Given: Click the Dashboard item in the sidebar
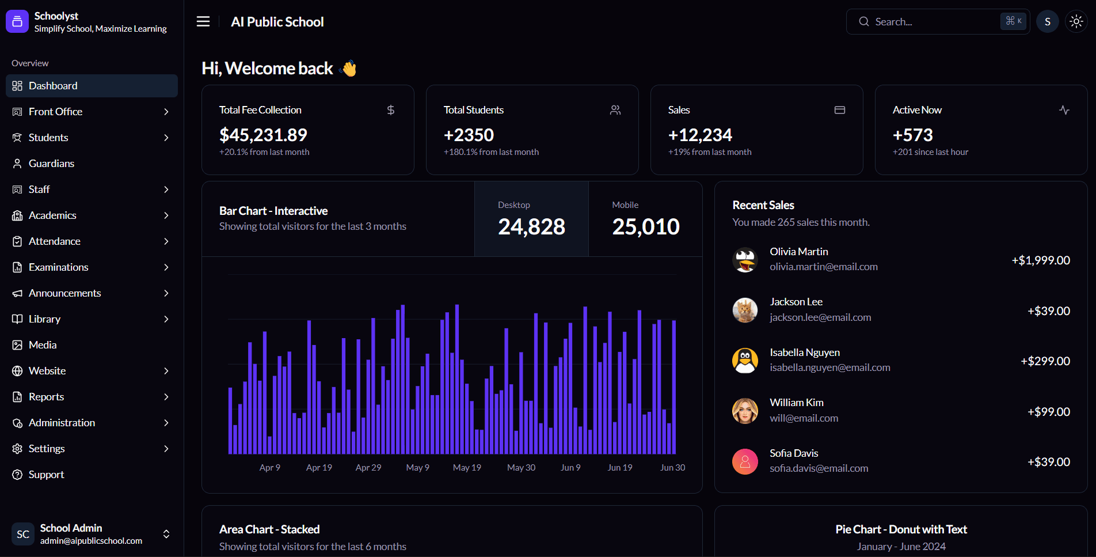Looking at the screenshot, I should (x=53, y=86).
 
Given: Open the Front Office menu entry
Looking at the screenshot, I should (x=55, y=112).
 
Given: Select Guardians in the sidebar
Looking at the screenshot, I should (x=51, y=164).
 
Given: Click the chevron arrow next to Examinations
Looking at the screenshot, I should (x=166, y=267).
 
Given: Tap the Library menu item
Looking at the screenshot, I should (x=44, y=319).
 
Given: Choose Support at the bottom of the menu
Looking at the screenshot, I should (x=46, y=475).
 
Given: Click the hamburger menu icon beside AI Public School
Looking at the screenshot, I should (x=203, y=22).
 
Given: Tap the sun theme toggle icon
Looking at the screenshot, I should (x=1076, y=22).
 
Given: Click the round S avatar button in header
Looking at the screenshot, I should (x=1047, y=22).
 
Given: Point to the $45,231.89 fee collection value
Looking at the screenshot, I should (x=263, y=135).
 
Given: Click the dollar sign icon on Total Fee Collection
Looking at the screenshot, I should (x=391, y=110).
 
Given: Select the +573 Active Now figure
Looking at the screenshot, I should (x=912, y=135).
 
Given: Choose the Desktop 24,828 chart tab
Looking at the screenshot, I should (x=531, y=219).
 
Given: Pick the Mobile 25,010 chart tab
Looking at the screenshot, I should (x=645, y=219).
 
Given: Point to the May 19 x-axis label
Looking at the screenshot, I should (x=467, y=468).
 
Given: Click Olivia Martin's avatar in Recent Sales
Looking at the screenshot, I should (x=745, y=260).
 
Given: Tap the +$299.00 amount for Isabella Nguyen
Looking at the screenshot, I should (x=1045, y=361).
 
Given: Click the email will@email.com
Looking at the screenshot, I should (x=804, y=418).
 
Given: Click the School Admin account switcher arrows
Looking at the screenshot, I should (x=166, y=534).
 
